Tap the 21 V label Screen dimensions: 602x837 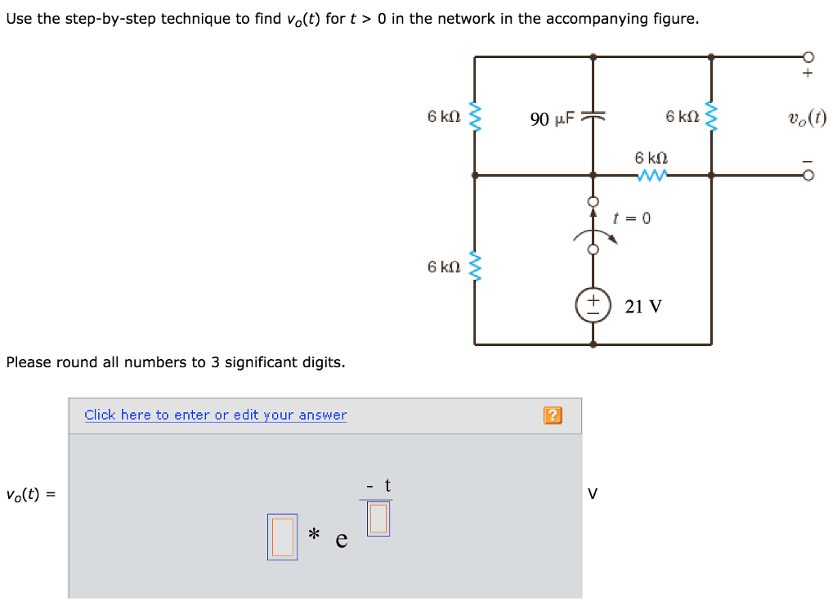point(643,307)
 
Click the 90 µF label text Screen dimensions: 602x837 point(553,119)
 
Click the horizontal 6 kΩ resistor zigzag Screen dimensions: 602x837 point(654,173)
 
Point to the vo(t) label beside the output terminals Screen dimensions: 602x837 point(807,118)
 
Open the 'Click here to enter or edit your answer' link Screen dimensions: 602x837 point(215,415)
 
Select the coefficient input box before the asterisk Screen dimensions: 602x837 point(282,537)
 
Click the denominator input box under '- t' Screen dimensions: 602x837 point(378,519)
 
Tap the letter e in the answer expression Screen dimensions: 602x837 point(342,540)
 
